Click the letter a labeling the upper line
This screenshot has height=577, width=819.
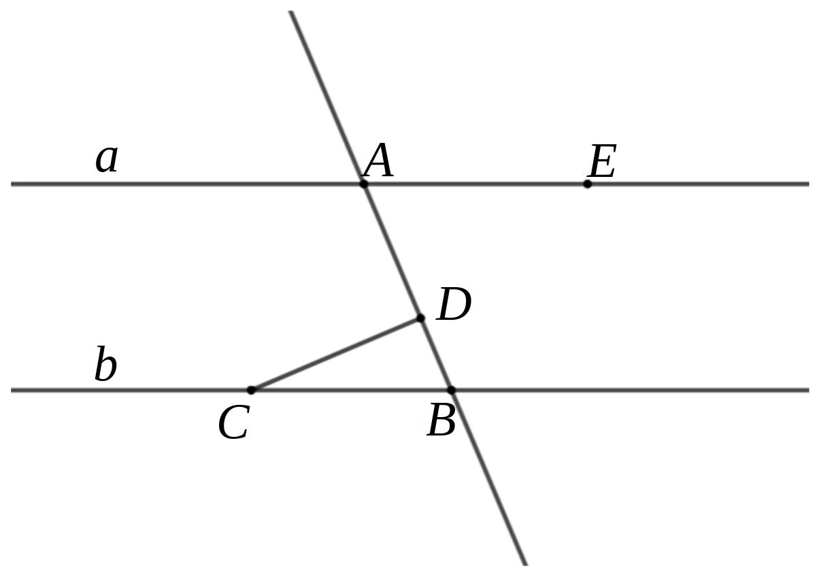(x=106, y=159)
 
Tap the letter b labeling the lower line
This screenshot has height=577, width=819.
(x=105, y=363)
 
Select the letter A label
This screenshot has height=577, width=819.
(x=378, y=160)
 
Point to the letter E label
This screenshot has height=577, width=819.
(x=602, y=161)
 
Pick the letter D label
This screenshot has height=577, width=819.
(x=454, y=304)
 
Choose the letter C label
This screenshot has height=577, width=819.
(x=233, y=423)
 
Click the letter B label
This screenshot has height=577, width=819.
(x=441, y=420)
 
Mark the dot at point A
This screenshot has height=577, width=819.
(x=363, y=184)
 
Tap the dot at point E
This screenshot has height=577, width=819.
(x=587, y=184)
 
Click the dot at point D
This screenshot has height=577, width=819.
(x=420, y=318)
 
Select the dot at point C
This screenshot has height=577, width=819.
(x=251, y=390)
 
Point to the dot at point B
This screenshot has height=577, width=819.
(x=452, y=390)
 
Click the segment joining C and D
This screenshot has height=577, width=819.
(x=335, y=354)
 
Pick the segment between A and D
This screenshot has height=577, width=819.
(x=392, y=251)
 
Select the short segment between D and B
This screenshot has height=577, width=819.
(x=436, y=354)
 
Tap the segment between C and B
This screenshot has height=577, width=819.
(x=351, y=390)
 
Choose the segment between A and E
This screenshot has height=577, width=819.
(x=475, y=184)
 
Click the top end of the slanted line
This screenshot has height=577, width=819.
(x=291, y=12)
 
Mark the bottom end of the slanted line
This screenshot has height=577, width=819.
(x=526, y=564)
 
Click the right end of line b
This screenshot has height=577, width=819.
(x=809, y=390)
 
